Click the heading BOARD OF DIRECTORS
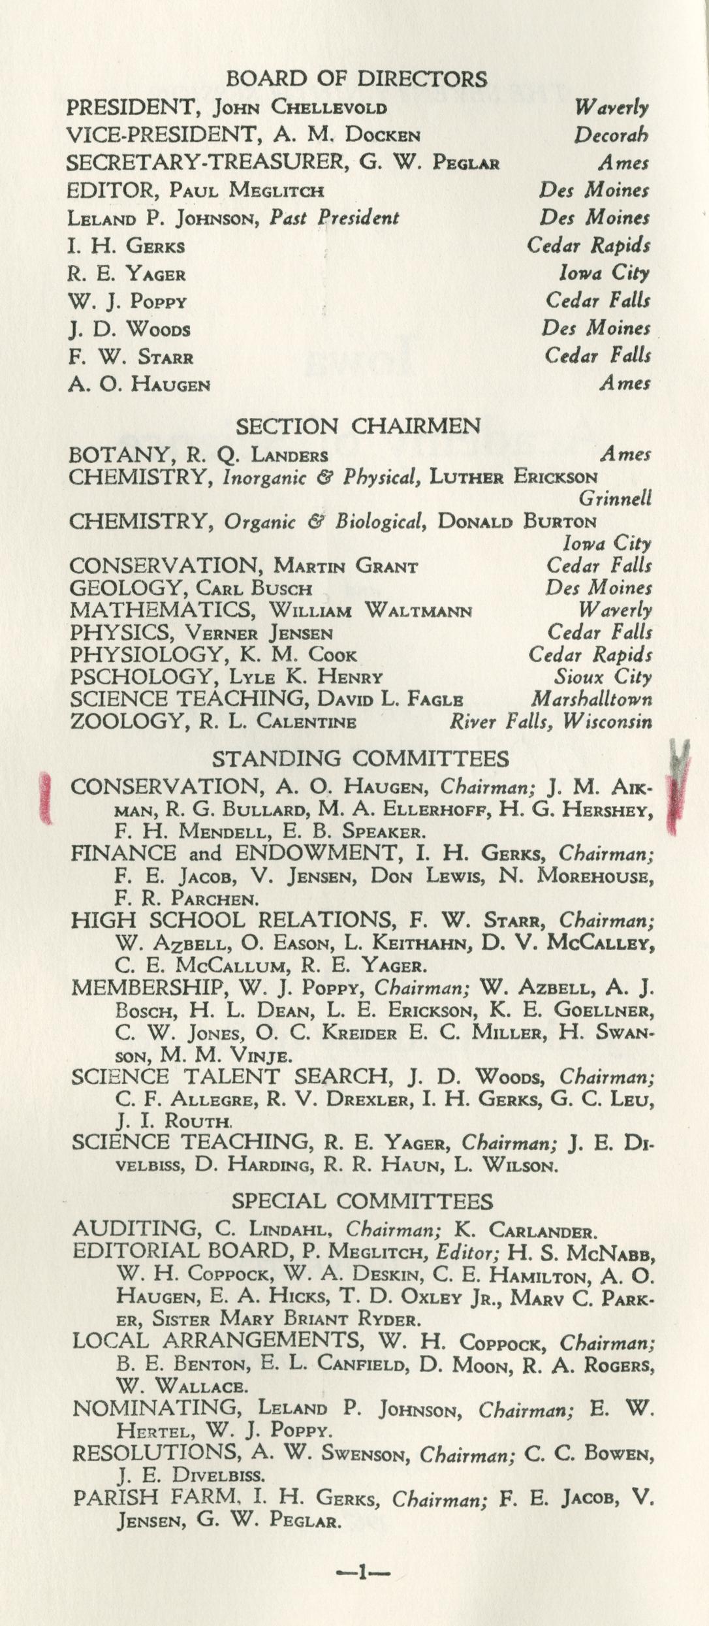click(x=356, y=79)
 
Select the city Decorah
click(x=611, y=135)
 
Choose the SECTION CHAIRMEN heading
click(x=358, y=426)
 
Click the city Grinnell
click(x=615, y=499)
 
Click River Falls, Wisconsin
click(x=550, y=722)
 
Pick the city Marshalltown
click(x=591, y=699)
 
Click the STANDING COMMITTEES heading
click(x=360, y=758)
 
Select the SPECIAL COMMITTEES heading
click(x=362, y=1201)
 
